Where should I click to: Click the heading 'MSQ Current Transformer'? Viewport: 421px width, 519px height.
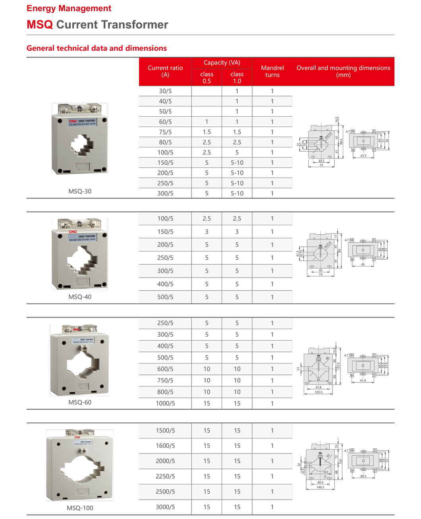point(97,25)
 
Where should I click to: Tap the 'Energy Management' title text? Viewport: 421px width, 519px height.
point(69,8)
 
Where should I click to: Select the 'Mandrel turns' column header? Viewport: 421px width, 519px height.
point(272,71)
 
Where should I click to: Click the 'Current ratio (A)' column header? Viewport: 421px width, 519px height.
point(165,71)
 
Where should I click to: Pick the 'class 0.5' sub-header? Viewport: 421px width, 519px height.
point(207,77)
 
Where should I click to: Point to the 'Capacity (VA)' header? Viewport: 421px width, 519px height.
point(222,63)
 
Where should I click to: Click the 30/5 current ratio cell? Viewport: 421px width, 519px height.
point(165,91)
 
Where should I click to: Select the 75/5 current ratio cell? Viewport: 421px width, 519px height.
point(165,132)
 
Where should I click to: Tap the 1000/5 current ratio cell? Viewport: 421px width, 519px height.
point(165,403)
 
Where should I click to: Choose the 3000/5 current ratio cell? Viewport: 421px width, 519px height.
point(165,507)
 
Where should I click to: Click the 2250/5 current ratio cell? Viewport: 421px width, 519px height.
point(165,477)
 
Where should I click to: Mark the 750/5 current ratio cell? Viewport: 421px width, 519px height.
point(165,380)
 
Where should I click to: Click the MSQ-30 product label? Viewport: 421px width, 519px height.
point(80,191)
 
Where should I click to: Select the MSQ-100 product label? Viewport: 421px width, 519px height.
point(80,508)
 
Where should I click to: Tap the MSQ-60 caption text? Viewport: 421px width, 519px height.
point(80,402)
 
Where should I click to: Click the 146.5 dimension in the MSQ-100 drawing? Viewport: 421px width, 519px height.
point(320,487)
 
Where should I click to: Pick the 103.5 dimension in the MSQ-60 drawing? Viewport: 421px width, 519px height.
point(318,392)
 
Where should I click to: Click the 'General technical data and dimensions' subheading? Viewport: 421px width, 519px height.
point(97,48)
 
